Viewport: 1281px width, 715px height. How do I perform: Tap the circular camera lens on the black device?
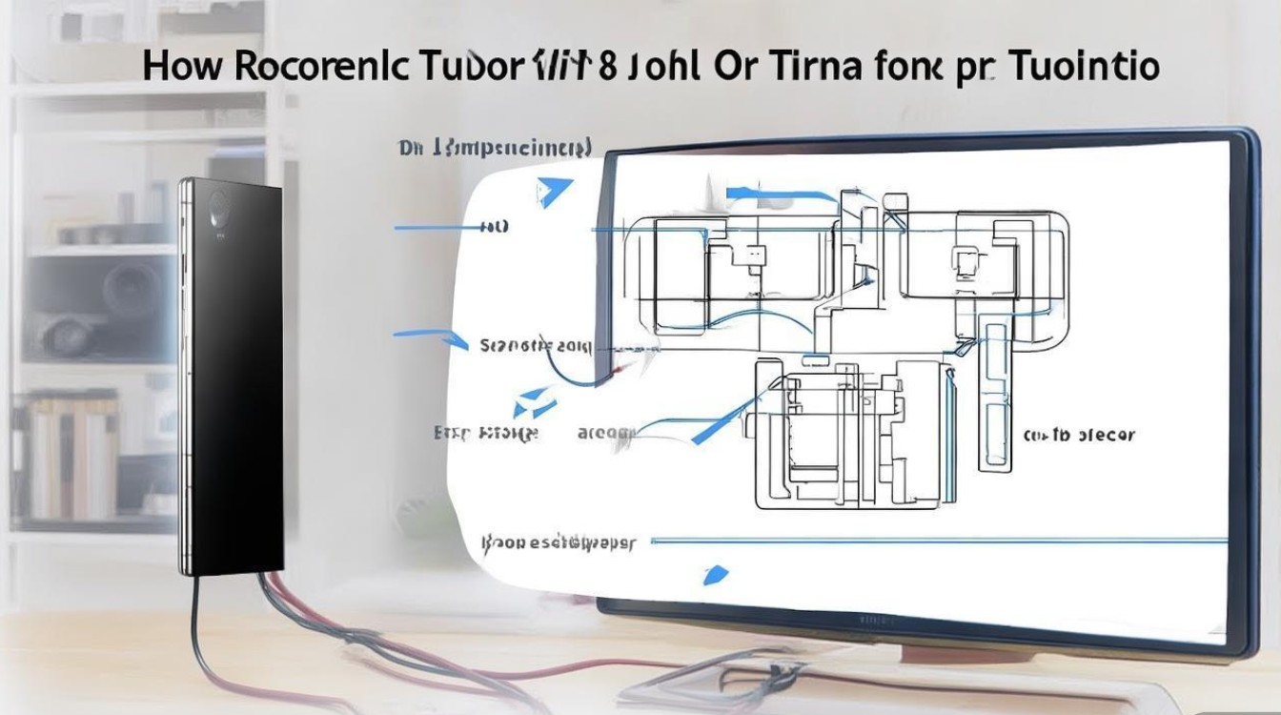point(218,204)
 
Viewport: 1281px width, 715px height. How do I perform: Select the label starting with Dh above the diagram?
point(495,148)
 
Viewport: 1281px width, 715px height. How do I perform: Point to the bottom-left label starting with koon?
point(558,542)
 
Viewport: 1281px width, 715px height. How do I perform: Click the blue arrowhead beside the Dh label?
point(553,192)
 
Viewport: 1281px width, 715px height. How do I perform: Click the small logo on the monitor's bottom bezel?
point(871,620)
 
